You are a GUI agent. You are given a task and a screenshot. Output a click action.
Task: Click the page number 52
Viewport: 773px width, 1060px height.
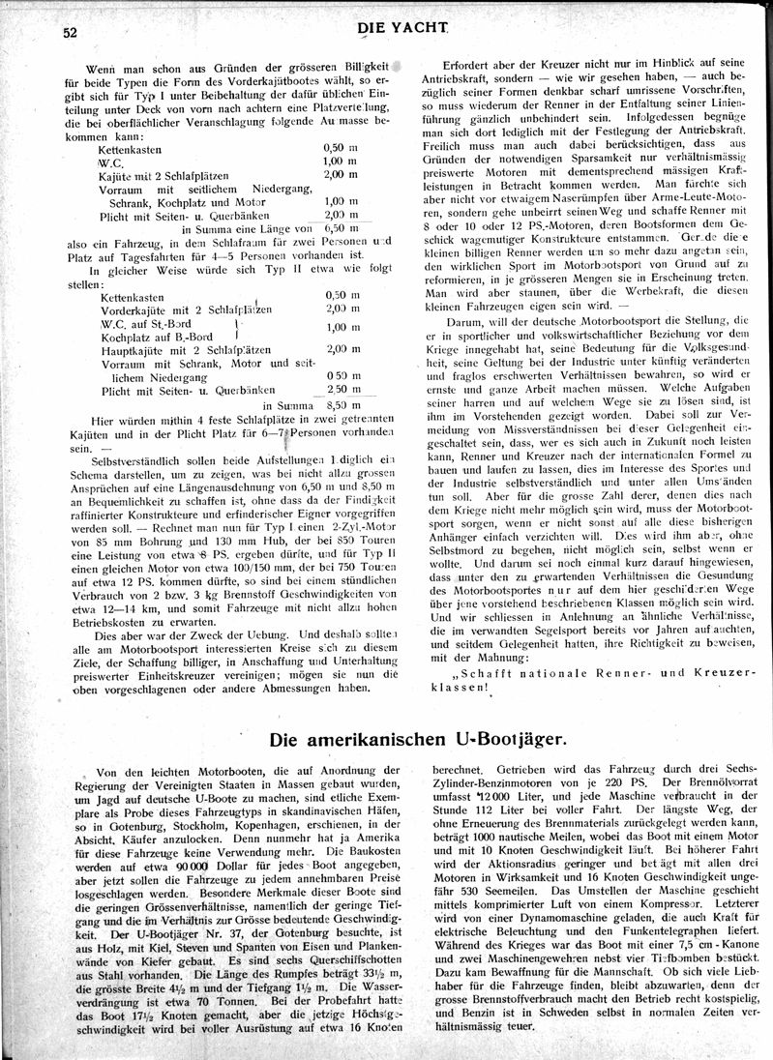point(69,31)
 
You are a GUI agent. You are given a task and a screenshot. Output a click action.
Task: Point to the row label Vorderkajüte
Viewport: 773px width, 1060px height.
point(137,309)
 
